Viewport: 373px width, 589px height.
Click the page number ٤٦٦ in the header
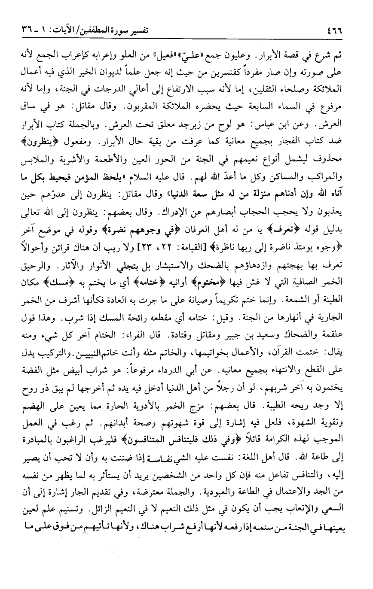[336, 31]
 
